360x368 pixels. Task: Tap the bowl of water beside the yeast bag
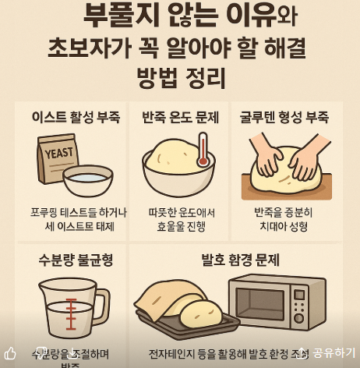87,181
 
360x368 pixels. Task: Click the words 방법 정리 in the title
180,80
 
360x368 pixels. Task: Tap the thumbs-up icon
10,353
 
